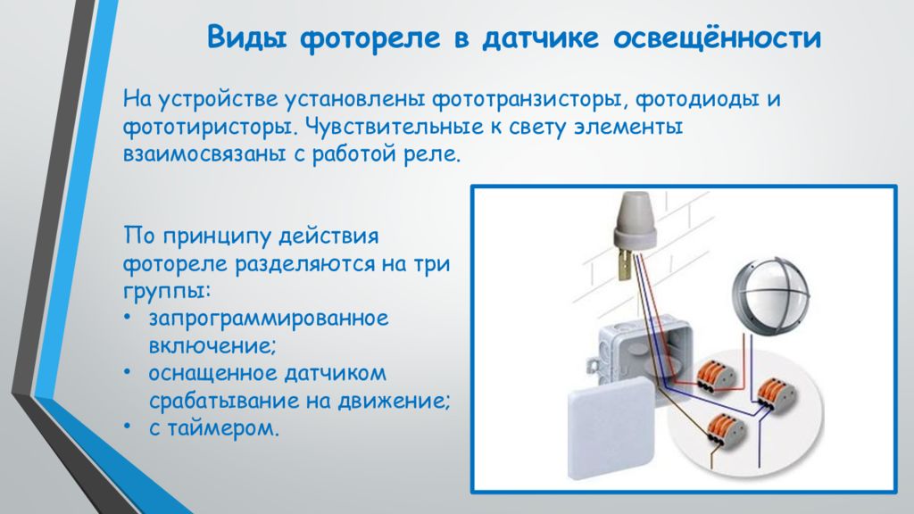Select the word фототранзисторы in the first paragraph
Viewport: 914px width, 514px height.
530,100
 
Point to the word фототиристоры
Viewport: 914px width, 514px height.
212,127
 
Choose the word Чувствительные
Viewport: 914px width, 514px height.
395,127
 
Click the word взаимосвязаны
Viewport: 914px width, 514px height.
204,154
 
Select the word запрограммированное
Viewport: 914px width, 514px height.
268,319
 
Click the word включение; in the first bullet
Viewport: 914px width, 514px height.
212,346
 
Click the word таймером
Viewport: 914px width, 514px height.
223,429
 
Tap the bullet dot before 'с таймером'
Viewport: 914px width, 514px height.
128,427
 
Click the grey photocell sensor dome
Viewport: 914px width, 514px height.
636,219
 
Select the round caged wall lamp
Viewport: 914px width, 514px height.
770,297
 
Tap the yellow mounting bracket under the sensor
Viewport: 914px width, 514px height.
626,263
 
